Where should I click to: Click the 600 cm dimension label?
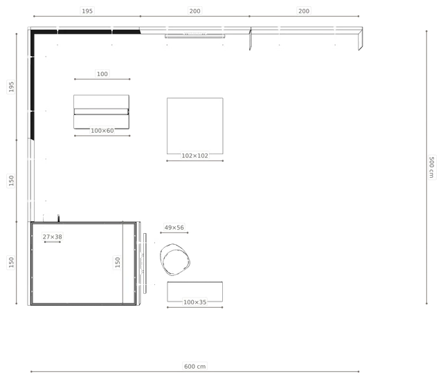tap(195, 367)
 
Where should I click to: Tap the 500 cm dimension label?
tap(431, 167)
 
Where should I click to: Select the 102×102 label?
tap(195, 156)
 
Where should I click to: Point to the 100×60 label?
tap(102, 131)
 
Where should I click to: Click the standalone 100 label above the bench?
tap(102, 74)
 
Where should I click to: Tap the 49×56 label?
tap(174, 228)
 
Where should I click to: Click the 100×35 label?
tap(195, 302)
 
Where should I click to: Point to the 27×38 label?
tap(53, 237)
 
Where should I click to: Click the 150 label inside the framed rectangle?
tap(118, 262)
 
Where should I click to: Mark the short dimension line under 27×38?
tap(53, 242)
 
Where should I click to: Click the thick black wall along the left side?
tap(33, 84)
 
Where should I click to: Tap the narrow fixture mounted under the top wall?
tap(195, 35)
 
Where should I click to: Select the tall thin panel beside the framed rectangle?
tap(145, 264)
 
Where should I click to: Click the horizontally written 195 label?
tap(87, 11)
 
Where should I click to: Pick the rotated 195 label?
tap(11, 86)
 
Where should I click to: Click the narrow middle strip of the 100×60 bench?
tap(102, 112)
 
